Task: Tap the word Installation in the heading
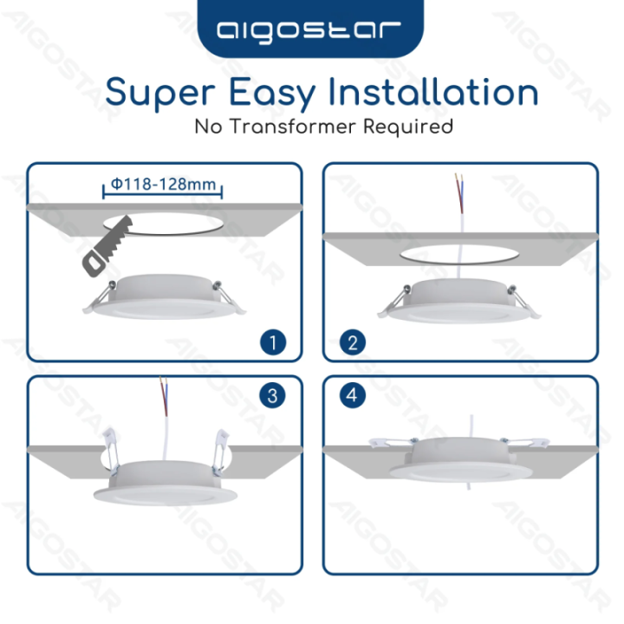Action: pos(450,91)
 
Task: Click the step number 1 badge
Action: pos(272,342)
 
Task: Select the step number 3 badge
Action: pos(272,396)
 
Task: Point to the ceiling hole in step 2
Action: pos(460,257)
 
